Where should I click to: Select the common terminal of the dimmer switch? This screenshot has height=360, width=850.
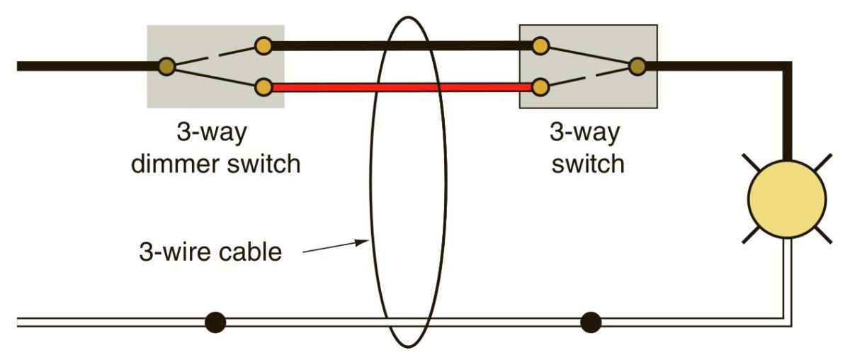pyautogui.click(x=167, y=67)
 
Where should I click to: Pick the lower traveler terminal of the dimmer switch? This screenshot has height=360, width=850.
pyautogui.click(x=263, y=88)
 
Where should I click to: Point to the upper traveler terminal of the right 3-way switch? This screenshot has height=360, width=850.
pyautogui.click(x=540, y=47)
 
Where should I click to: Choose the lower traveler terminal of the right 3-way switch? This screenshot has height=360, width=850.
pyautogui.click(x=540, y=88)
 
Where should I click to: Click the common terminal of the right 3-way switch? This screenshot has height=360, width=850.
pyautogui.click(x=637, y=67)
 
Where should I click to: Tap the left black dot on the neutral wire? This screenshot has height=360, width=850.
pyautogui.click(x=215, y=323)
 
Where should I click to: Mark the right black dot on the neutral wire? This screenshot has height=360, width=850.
pyautogui.click(x=590, y=323)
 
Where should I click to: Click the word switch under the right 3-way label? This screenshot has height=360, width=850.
pyautogui.click(x=588, y=164)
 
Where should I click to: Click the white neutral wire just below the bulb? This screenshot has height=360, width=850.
pyautogui.click(x=788, y=269)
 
